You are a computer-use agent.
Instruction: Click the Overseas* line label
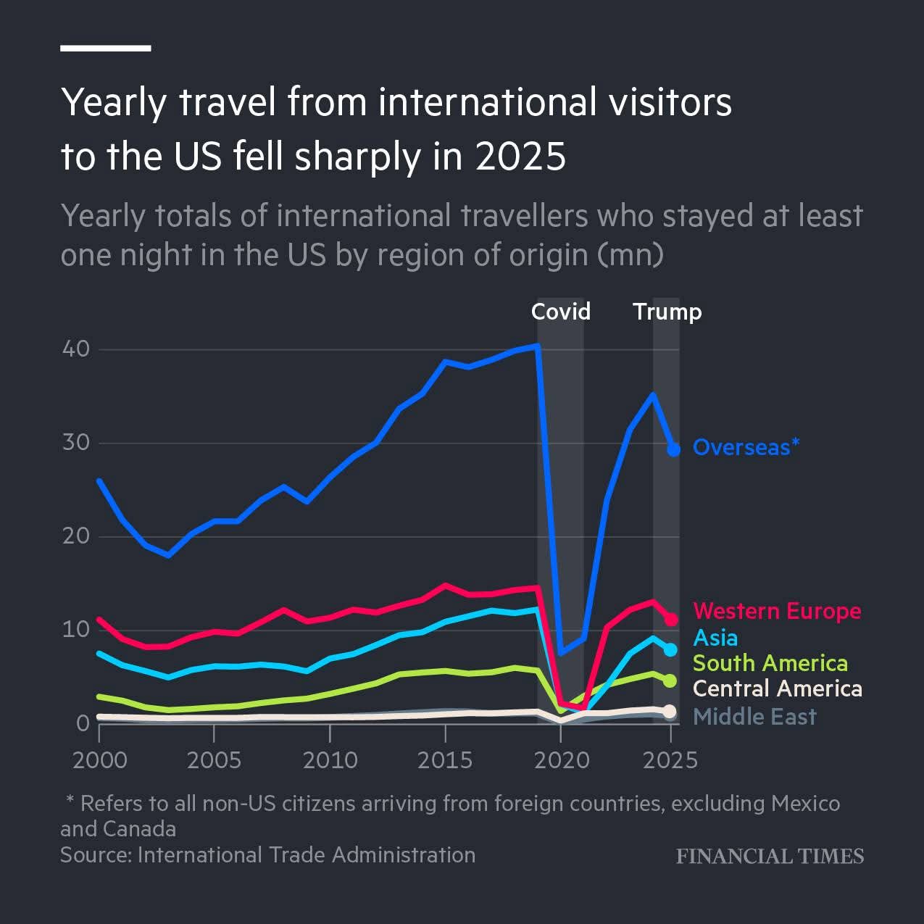(746, 447)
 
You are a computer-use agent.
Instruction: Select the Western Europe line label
(778, 611)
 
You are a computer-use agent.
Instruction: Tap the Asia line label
(715, 638)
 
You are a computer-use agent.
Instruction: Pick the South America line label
(770, 663)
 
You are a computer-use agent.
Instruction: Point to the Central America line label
(778, 688)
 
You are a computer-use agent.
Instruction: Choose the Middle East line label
(754, 717)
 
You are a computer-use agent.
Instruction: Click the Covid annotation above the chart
(560, 312)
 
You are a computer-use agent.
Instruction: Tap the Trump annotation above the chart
(667, 312)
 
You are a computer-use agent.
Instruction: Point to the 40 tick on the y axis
(76, 349)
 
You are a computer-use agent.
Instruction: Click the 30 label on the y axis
(76, 443)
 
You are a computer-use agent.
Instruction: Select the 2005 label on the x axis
(214, 760)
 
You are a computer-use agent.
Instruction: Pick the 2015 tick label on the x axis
(445, 760)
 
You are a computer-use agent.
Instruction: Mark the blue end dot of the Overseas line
(674, 450)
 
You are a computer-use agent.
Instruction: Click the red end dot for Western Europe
(671, 620)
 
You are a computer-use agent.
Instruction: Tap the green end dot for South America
(670, 681)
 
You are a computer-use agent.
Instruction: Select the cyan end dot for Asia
(670, 650)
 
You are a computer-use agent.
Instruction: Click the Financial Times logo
(770, 857)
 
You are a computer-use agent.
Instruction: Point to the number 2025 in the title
(521, 157)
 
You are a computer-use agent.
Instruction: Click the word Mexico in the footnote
(806, 804)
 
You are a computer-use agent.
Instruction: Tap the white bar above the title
(106, 48)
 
